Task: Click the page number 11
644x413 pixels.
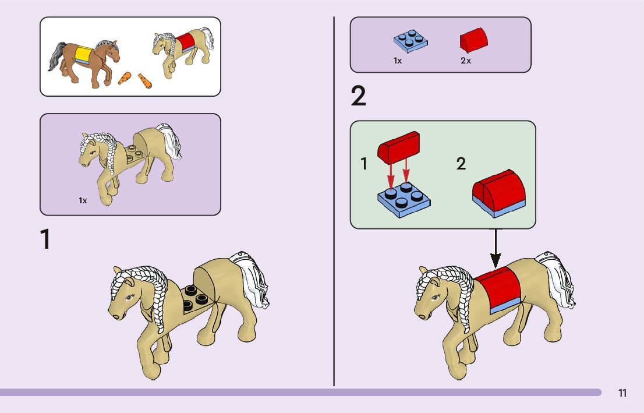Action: click(x=622, y=393)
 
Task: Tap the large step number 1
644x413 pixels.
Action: click(x=45, y=240)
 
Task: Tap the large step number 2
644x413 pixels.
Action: click(x=359, y=97)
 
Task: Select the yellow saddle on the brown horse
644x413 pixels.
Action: click(x=84, y=55)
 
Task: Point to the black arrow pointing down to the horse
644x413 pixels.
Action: click(x=495, y=247)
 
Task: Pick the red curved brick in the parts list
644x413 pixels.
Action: click(x=474, y=41)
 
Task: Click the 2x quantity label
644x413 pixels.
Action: click(x=465, y=61)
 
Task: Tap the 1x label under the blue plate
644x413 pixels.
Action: click(x=397, y=61)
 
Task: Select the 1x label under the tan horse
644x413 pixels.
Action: click(x=83, y=200)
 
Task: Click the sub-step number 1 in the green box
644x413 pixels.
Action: click(x=365, y=164)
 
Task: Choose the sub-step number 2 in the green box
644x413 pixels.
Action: click(x=461, y=164)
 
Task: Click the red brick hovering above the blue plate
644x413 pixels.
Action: click(x=399, y=146)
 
